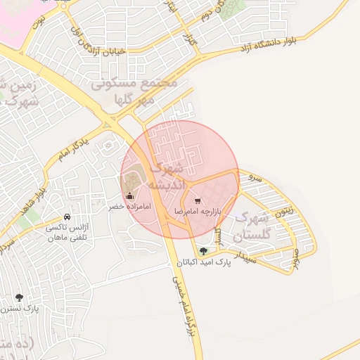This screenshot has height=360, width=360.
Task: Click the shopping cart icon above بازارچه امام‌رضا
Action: [x=197, y=200]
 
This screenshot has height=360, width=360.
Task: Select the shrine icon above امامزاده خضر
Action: [x=129, y=196]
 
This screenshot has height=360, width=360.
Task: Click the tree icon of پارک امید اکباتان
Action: [x=203, y=251]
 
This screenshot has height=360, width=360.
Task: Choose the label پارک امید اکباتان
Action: [x=203, y=262]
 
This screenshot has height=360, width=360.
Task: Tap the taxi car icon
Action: [x=66, y=217]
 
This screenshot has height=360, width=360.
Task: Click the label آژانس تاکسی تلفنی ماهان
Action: [x=65, y=233]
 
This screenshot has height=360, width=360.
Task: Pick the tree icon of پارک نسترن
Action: [x=19, y=297]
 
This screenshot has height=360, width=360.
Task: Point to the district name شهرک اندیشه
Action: [x=169, y=176]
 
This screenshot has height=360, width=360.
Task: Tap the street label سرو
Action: [x=255, y=179]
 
